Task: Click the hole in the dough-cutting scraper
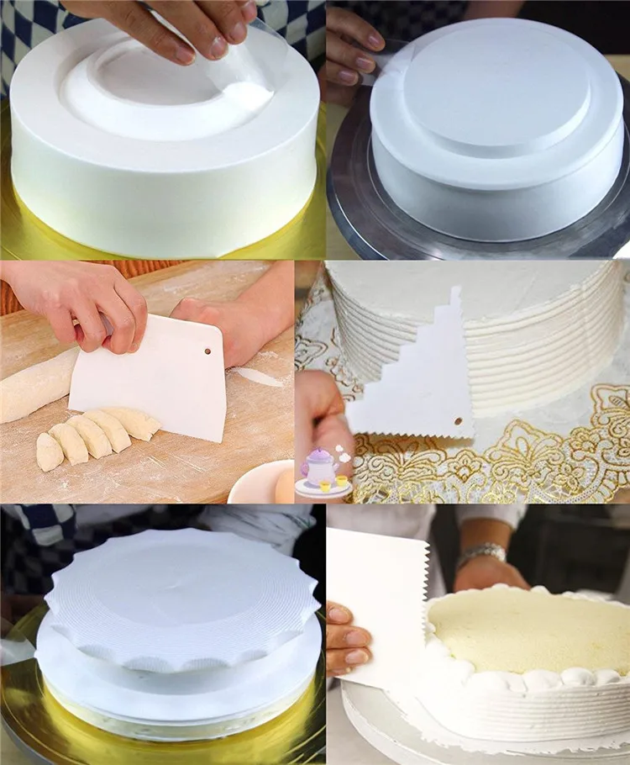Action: pos(207,350)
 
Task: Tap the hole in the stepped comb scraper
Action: pos(458,420)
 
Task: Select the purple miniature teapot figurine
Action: pos(321,465)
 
